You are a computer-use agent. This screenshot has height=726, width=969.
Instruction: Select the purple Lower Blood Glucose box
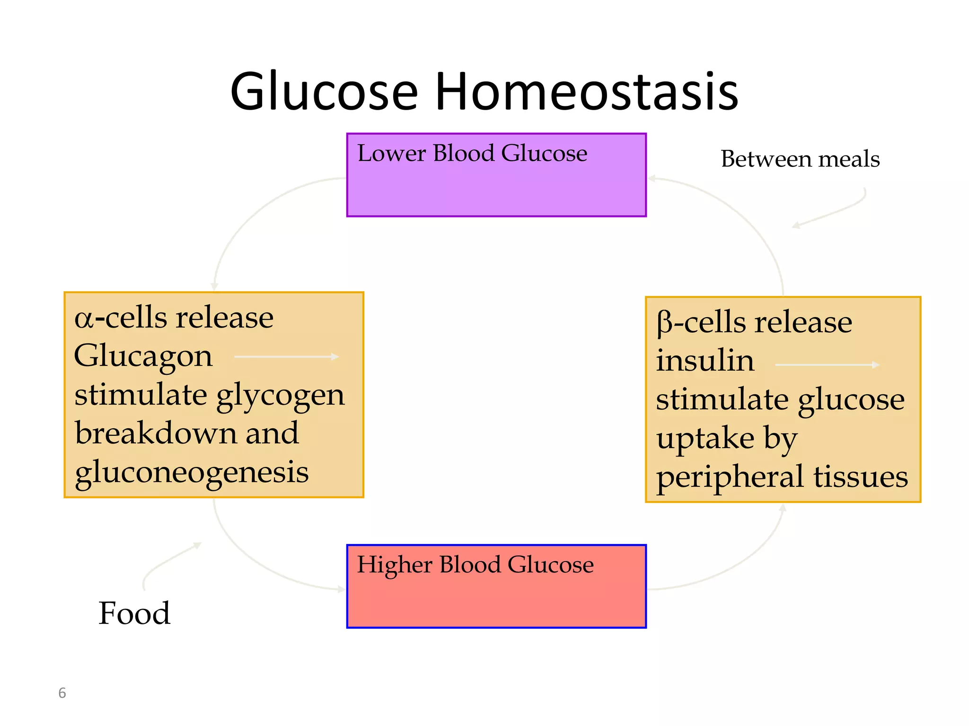[496, 189]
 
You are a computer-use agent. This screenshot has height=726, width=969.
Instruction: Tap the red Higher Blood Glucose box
[496, 600]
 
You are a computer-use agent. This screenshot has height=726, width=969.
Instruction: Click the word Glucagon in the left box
[143, 356]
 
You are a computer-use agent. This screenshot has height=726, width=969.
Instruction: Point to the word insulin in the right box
[705, 361]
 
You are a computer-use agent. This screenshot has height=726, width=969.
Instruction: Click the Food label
[134, 613]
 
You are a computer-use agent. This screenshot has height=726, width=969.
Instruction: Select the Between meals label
[800, 159]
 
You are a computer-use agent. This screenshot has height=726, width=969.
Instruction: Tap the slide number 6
[62, 693]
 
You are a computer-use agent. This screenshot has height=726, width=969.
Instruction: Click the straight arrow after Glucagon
[287, 356]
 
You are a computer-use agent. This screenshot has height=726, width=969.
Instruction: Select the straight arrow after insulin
[827, 365]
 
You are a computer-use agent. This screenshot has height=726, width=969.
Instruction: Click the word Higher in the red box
[395, 564]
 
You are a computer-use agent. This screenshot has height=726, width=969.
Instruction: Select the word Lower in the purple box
[391, 153]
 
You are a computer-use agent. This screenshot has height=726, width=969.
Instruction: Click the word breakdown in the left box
[156, 433]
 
